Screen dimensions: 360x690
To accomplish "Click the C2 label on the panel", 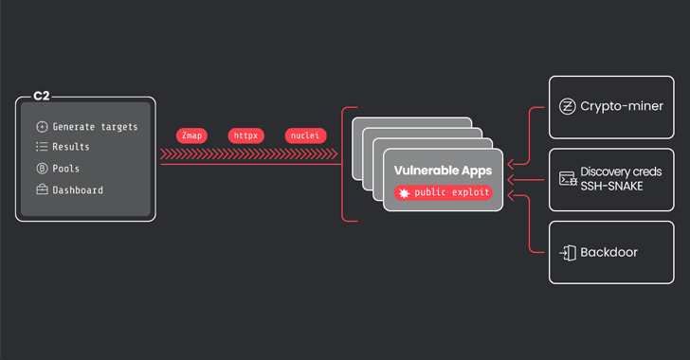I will click(41, 97).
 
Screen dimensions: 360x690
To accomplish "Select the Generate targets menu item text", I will click(95, 126).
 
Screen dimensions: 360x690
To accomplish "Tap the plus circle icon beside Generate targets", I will click(42, 126).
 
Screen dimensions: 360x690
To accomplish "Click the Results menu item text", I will click(71, 147).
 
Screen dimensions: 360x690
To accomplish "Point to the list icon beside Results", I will click(42, 147).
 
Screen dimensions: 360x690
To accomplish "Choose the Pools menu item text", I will click(66, 169).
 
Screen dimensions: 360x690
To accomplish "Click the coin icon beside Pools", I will click(42, 169).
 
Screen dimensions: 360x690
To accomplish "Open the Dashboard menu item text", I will click(78, 189).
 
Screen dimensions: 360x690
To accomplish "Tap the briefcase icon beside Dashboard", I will click(42, 189).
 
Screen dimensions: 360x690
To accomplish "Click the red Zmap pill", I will click(191, 135).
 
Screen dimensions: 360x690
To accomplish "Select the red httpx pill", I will click(245, 135).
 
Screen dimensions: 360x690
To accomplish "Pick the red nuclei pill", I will click(304, 135).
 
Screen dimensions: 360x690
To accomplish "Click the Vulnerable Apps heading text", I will click(443, 170).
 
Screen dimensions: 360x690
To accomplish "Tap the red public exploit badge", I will click(443, 192).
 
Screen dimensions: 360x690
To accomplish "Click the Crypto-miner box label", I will click(622, 107).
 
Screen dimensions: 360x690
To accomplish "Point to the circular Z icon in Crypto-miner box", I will click(568, 107).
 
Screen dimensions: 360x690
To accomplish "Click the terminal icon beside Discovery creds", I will click(568, 178).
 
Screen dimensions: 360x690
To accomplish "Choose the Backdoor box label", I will click(609, 252).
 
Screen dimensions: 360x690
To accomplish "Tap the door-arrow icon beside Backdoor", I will click(568, 252).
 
